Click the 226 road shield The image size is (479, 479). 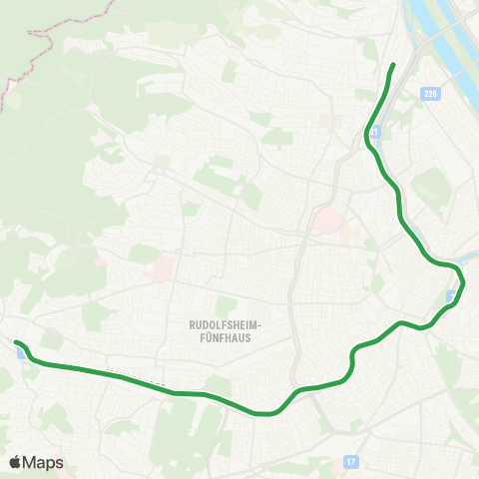pyautogui.click(x=430, y=94)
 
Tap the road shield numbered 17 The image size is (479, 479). pyautogui.click(x=350, y=462)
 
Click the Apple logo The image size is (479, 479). pyautogui.click(x=15, y=462)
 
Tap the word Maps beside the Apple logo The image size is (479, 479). pyautogui.click(x=43, y=462)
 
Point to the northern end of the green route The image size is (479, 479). pyautogui.click(x=393, y=65)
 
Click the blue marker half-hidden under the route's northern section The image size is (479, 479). pyautogui.click(x=371, y=130)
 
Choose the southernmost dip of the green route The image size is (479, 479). pyautogui.click(x=267, y=413)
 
